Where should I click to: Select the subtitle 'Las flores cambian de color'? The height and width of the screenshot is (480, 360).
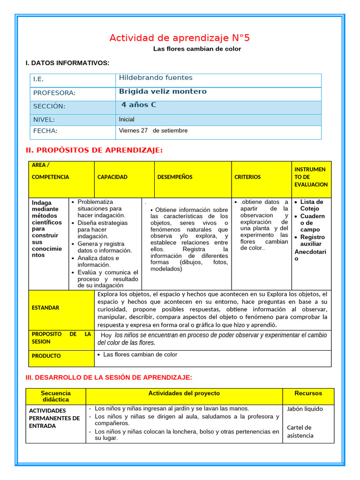tap(197, 49)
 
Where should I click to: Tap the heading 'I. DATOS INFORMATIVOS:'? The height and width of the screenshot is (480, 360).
tap(67, 63)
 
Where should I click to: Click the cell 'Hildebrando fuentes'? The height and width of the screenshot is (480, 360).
tap(156, 78)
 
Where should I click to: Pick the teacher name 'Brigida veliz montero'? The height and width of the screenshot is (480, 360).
tap(163, 91)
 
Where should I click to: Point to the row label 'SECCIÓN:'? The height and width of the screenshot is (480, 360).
tap(49, 106)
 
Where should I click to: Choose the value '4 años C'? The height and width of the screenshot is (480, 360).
tap(139, 105)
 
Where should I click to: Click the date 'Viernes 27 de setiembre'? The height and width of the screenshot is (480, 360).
tap(153, 130)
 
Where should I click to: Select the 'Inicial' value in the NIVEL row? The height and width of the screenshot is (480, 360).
tap(127, 120)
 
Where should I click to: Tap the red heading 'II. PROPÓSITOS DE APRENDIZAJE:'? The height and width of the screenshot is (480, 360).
tap(94, 150)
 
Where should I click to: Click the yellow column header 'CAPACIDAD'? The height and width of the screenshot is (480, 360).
tap(112, 177)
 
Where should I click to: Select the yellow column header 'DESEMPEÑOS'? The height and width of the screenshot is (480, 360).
tap(175, 177)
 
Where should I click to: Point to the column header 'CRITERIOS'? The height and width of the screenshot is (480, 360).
tap(247, 177)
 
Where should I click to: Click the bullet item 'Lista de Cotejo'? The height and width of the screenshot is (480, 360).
tap(309, 205)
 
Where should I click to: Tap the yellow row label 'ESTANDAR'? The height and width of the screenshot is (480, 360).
tap(45, 307)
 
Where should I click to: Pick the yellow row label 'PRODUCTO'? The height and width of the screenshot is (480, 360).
tap(46, 356)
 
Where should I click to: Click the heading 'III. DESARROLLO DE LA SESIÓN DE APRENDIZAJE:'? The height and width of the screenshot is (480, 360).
tap(109, 377)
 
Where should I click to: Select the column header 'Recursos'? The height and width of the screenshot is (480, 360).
tap(308, 393)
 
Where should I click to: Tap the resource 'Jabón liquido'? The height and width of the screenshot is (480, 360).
tap(305, 409)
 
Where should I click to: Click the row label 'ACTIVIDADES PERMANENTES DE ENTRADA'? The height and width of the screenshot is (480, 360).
tap(54, 418)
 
